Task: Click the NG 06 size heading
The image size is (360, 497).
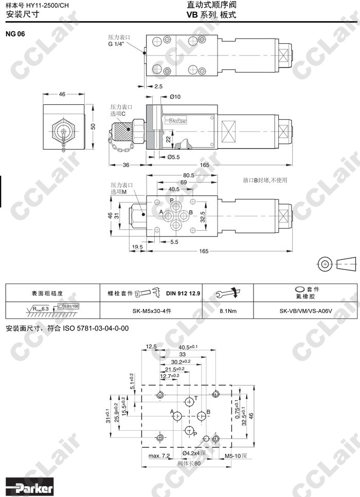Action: point(16,34)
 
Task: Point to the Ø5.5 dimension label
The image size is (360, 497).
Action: point(173,157)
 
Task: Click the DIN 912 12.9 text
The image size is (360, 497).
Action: point(183,293)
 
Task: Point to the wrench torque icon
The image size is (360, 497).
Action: point(228,293)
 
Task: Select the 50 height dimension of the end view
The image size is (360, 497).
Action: point(93,126)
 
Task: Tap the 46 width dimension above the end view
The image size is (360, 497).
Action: point(62,95)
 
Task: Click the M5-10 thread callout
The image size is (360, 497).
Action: point(237,455)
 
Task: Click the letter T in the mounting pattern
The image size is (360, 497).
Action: point(195,398)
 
